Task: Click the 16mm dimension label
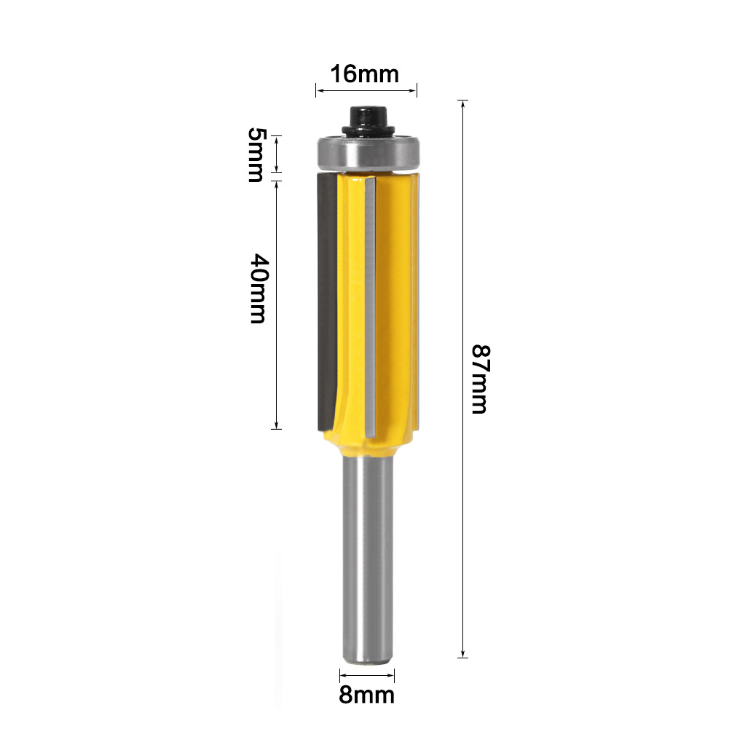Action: [x=364, y=74]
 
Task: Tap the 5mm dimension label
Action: [x=256, y=154]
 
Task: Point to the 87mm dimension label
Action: [x=480, y=379]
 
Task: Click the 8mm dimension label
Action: [x=366, y=695]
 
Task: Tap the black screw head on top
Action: [x=369, y=121]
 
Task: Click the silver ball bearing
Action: [x=369, y=154]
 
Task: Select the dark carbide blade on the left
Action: [x=327, y=302]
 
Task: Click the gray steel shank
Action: [x=368, y=558]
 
